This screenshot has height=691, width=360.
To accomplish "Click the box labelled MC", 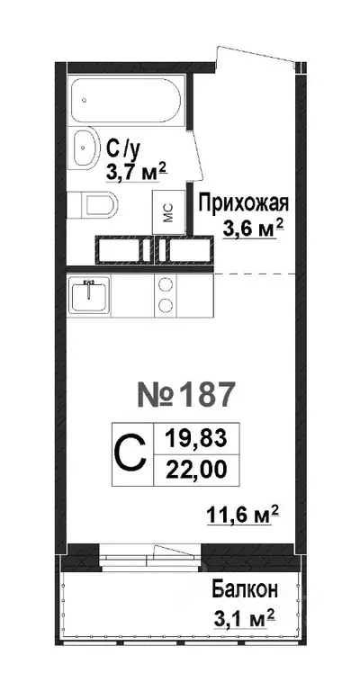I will pos(167,213).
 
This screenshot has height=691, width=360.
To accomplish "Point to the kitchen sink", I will pos(88,296).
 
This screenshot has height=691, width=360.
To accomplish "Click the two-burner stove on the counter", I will pos(166,296).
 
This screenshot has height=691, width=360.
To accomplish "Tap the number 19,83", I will pos(196,440).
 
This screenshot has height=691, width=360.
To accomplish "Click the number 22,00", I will pos(196,469).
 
